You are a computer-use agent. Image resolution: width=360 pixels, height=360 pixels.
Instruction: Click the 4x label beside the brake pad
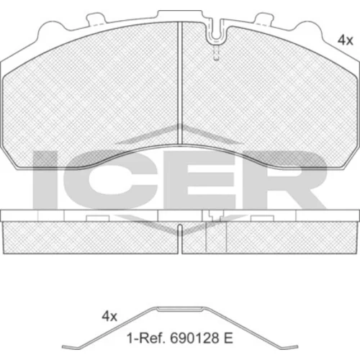coord(346,40)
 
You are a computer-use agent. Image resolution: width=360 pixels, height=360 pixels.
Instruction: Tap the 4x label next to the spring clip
coord(109,316)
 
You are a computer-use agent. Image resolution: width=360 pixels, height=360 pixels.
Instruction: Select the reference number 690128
coord(195,338)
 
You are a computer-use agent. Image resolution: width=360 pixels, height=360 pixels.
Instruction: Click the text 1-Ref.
coord(146,338)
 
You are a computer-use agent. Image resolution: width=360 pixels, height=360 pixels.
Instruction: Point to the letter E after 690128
coord(228,338)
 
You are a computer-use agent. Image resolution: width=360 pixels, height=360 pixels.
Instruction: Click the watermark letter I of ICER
coord(45,180)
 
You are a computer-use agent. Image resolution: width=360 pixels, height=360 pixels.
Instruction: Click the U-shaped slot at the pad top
coord(216,34)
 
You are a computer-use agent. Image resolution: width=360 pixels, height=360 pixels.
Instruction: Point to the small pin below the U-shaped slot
coord(216,53)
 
